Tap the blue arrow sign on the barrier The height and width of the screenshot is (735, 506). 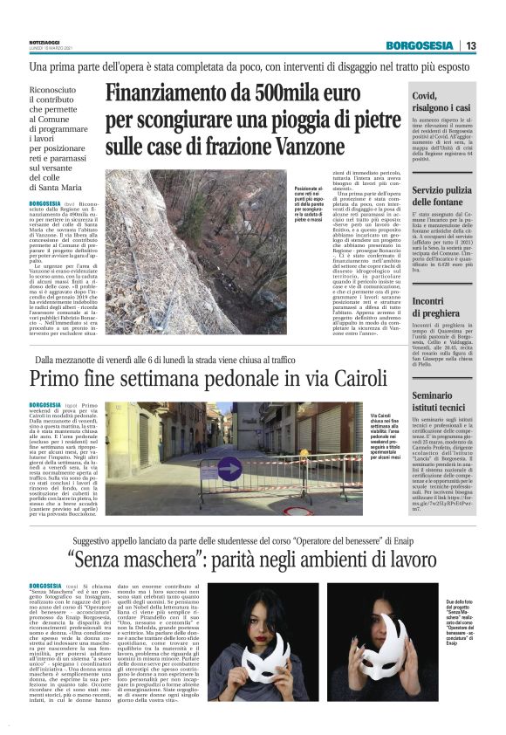click(207, 466)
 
